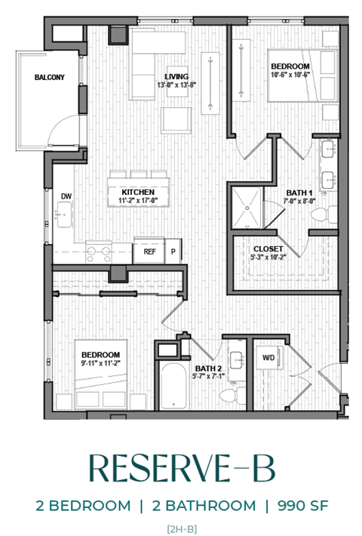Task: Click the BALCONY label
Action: (49, 78)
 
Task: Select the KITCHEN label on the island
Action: (138, 192)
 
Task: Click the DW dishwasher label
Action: (66, 196)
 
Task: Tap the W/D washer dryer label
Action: (268, 357)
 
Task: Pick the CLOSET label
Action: (268, 248)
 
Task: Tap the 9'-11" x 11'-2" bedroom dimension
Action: (101, 364)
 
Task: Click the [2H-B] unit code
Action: (181, 528)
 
